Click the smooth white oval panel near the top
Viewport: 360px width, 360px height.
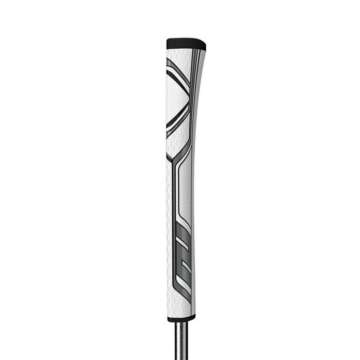(176, 98)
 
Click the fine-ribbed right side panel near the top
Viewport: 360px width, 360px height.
(199, 77)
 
